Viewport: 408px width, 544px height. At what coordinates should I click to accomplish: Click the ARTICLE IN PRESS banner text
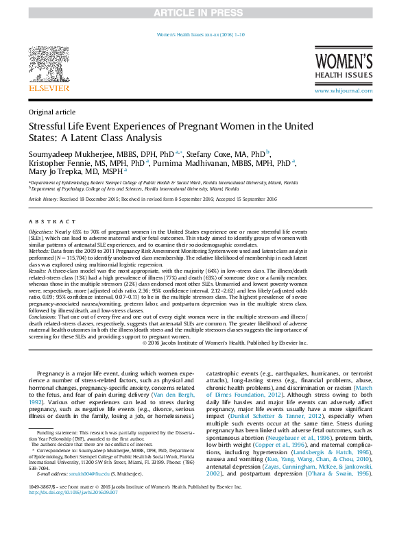(203, 13)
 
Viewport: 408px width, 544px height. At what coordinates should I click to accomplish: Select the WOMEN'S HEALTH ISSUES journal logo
(344, 64)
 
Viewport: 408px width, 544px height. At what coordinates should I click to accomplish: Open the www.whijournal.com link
(344, 90)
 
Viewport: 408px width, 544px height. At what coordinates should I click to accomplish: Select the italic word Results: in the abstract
(38, 272)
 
